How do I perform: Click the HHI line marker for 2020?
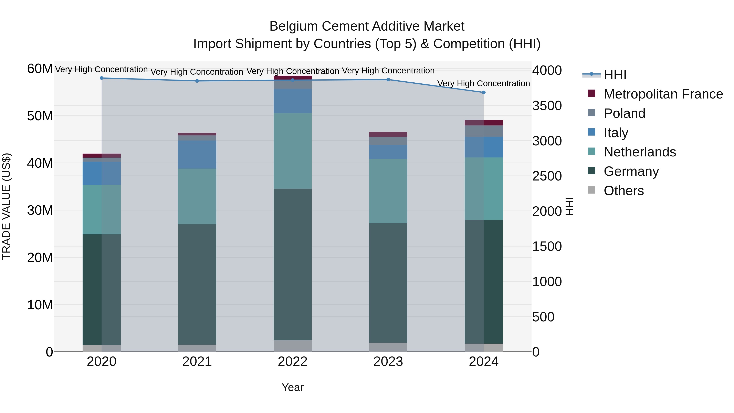(102, 78)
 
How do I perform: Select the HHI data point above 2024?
(484, 93)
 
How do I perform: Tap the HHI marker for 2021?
(197, 81)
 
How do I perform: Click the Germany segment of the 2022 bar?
(292, 264)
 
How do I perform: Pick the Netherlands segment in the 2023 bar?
(388, 191)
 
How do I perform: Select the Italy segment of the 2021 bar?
(197, 154)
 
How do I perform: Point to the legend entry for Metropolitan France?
(663, 94)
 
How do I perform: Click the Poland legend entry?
(624, 113)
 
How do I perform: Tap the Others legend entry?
(623, 191)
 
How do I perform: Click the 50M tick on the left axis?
(40, 116)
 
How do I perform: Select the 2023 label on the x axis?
(388, 362)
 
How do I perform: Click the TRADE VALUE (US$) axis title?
(6, 206)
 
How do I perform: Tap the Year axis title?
(292, 387)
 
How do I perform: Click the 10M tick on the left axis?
(40, 305)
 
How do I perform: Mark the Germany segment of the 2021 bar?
(197, 284)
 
